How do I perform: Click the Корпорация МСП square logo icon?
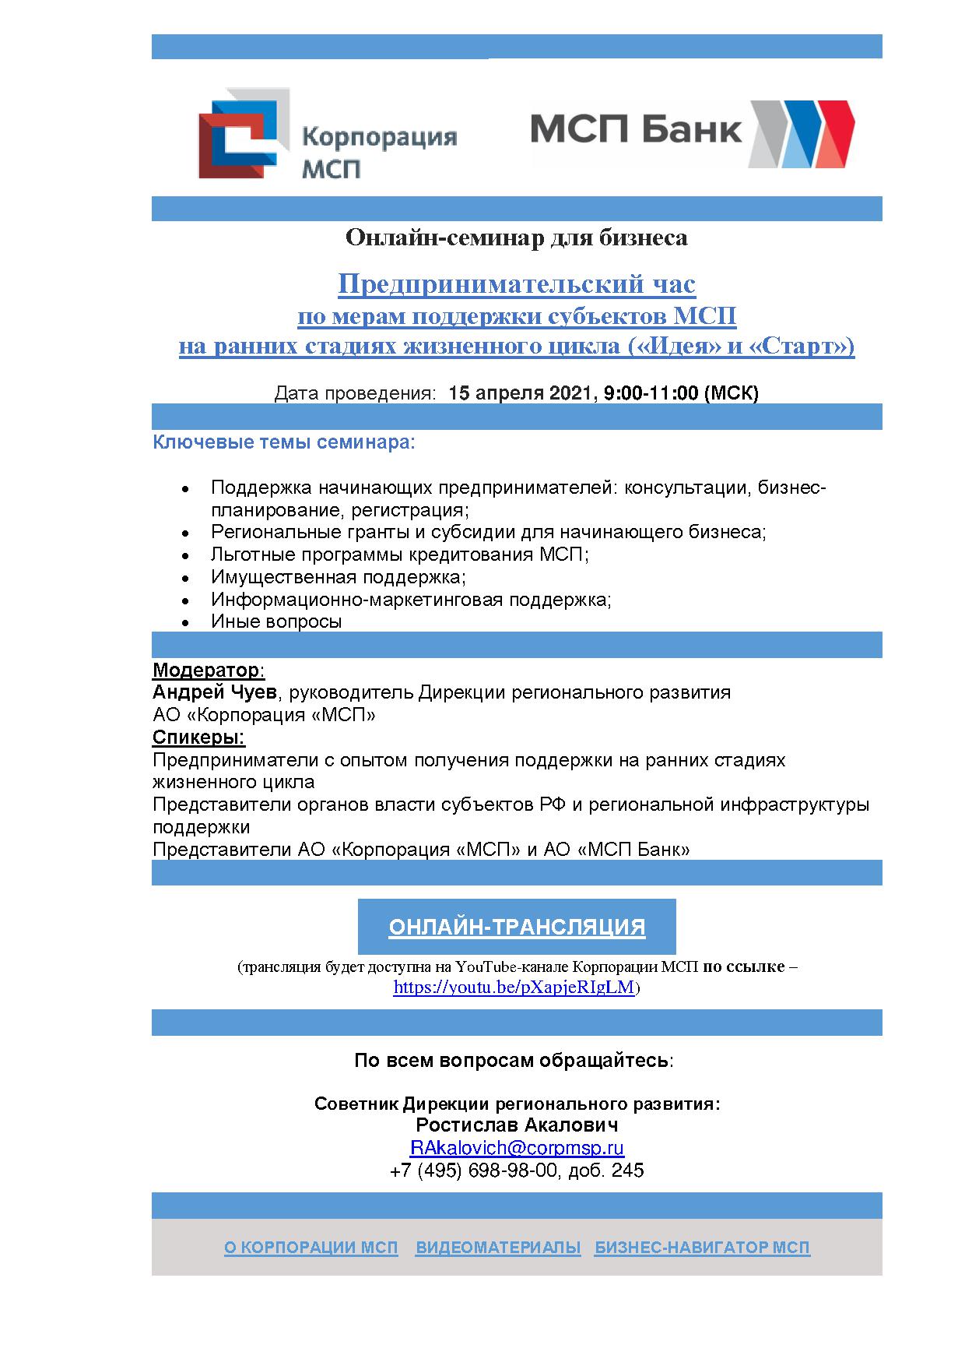(x=244, y=134)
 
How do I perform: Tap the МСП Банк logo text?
(x=636, y=128)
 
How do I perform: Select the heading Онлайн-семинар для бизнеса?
(x=516, y=238)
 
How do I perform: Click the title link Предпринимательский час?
(x=516, y=284)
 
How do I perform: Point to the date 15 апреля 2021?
(x=521, y=393)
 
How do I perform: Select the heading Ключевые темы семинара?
(x=284, y=442)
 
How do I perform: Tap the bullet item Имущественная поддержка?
(x=338, y=577)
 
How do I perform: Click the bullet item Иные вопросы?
(x=276, y=621)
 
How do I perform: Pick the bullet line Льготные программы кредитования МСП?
(x=399, y=554)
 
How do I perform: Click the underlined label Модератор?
(x=207, y=670)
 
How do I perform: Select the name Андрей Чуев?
(x=214, y=692)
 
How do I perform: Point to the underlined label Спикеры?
(x=198, y=738)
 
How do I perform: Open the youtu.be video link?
(x=514, y=988)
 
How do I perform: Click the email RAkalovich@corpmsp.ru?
(x=517, y=1148)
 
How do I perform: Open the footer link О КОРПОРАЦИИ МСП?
(x=311, y=1248)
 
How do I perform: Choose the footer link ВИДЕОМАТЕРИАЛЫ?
(x=498, y=1248)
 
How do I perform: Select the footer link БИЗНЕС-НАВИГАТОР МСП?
(x=702, y=1248)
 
